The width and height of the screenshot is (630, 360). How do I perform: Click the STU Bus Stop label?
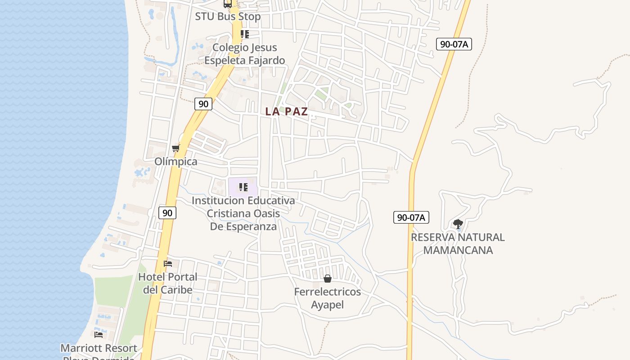(228, 17)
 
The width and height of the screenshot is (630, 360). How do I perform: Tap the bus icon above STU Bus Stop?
(228, 4)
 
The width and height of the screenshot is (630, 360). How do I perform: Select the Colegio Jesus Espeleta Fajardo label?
(244, 54)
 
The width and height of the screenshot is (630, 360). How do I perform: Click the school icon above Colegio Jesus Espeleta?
(244, 34)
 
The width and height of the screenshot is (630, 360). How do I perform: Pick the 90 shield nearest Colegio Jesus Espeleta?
(203, 104)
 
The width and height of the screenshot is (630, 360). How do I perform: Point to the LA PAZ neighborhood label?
(287, 112)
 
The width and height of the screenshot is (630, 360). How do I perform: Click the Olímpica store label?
(176, 162)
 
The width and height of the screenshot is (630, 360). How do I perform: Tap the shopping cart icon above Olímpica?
(176, 148)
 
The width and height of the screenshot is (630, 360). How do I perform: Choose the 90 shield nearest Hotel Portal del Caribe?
(167, 213)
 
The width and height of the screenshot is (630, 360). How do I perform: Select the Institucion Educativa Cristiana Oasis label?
(243, 213)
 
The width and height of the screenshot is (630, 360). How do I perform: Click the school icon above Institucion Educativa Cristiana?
(243, 187)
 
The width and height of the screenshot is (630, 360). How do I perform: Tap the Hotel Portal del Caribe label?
(168, 283)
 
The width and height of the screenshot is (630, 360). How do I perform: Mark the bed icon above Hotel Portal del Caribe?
(168, 264)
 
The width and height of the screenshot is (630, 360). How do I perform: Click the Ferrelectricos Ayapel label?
(328, 298)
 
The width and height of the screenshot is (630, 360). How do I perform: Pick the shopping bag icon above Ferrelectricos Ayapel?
(328, 279)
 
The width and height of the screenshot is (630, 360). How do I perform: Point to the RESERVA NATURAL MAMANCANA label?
(458, 243)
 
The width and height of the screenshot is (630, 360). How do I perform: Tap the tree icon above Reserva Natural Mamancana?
(458, 224)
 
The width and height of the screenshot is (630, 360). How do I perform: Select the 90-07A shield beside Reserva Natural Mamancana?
(411, 217)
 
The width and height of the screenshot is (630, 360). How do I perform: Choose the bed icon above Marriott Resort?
(99, 334)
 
